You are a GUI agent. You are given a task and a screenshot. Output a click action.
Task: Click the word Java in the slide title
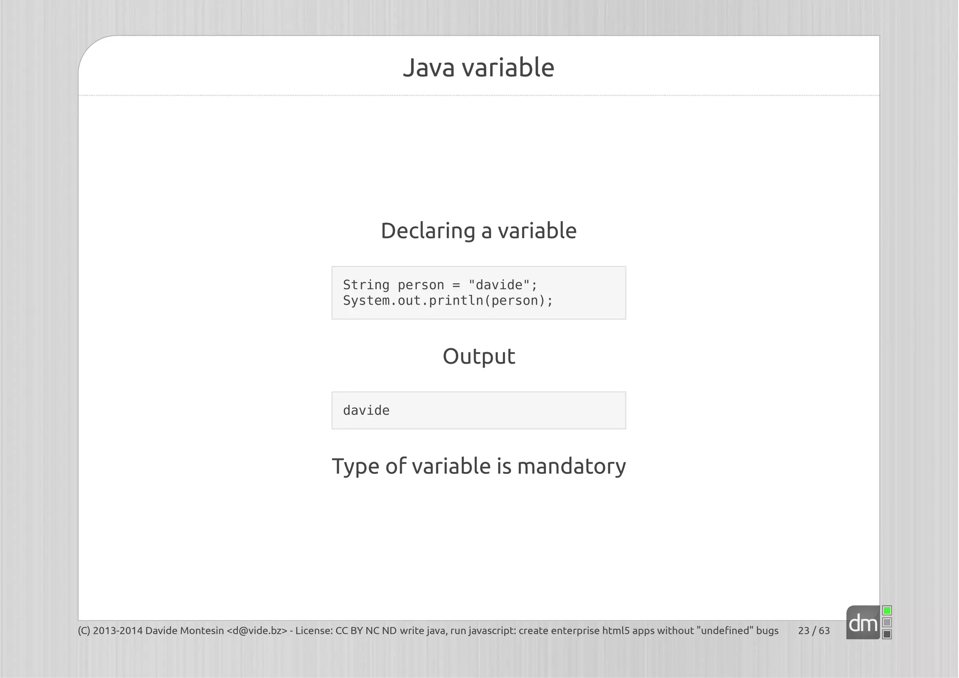point(428,67)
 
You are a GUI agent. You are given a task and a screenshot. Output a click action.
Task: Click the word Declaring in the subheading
point(428,231)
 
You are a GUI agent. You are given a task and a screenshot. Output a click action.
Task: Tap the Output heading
point(479,356)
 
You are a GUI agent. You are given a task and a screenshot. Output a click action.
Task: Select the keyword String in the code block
point(366,285)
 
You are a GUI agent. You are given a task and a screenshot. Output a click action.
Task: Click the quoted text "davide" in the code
point(499,285)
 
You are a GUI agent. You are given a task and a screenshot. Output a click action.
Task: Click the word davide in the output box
point(366,411)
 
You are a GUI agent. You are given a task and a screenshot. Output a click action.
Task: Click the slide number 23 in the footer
point(804,631)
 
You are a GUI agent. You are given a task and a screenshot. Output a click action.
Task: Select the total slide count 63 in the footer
point(824,631)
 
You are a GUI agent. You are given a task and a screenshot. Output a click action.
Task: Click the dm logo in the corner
point(863,623)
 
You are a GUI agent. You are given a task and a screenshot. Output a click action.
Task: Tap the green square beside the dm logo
point(887,611)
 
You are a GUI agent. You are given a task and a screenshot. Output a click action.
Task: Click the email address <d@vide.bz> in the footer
point(257,631)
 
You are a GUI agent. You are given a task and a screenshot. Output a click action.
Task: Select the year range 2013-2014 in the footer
point(118,631)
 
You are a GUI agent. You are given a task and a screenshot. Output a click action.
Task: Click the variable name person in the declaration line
point(420,285)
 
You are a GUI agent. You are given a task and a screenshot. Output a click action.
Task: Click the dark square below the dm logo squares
point(887,634)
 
